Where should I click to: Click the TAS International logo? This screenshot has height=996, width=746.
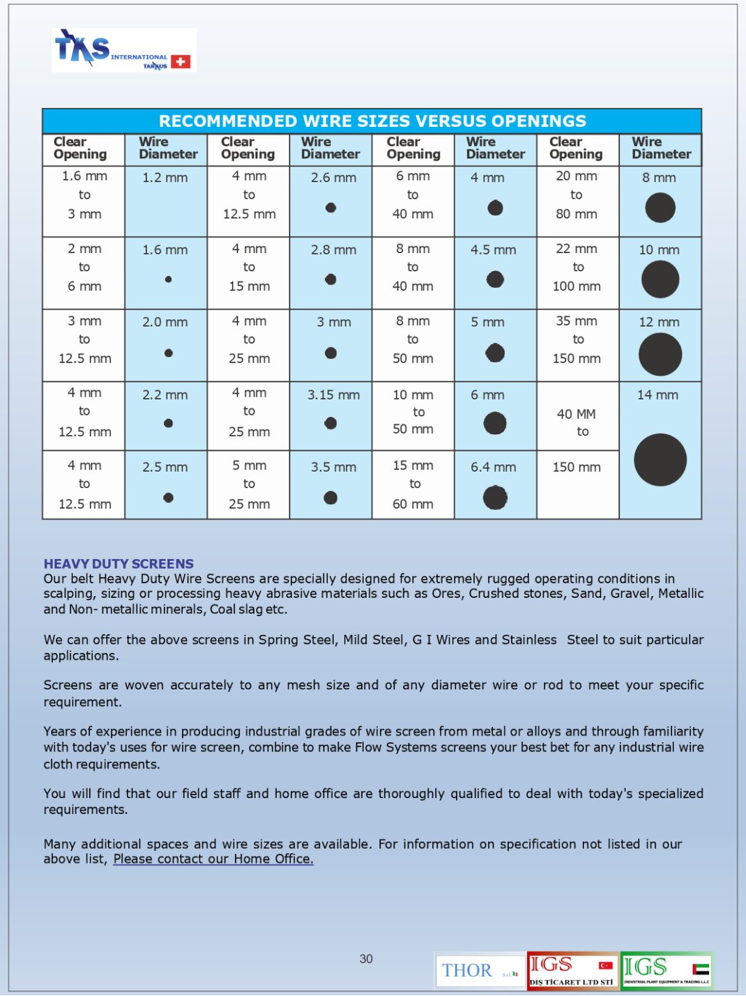click(x=123, y=50)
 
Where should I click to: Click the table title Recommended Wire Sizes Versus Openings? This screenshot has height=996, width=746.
click(x=372, y=121)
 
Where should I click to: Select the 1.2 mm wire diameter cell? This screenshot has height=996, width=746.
click(x=165, y=178)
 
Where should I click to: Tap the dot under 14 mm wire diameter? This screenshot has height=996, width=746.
click(x=660, y=460)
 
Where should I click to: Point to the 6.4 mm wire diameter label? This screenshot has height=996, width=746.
click(x=493, y=467)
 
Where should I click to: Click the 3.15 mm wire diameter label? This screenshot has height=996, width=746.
click(x=333, y=394)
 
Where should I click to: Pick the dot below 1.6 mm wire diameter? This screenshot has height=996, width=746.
click(x=168, y=279)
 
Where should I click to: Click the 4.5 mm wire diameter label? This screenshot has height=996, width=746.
click(x=493, y=250)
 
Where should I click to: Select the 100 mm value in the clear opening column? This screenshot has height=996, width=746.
click(x=577, y=286)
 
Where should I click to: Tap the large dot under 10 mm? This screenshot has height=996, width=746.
click(x=660, y=279)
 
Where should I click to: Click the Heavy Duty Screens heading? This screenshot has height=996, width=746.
click(x=119, y=563)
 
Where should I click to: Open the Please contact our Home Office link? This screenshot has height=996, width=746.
click(x=213, y=859)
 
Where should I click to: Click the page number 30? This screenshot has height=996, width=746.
click(x=366, y=958)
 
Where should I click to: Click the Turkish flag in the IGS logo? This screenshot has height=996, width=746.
click(x=605, y=965)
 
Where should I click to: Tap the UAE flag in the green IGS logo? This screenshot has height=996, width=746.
click(x=701, y=968)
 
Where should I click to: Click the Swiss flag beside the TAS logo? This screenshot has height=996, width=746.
click(x=181, y=61)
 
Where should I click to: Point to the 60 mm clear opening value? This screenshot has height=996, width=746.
click(x=413, y=503)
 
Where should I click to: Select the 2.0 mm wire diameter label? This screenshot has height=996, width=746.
click(x=165, y=322)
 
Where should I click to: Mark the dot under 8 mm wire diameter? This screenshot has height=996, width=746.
click(x=660, y=208)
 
